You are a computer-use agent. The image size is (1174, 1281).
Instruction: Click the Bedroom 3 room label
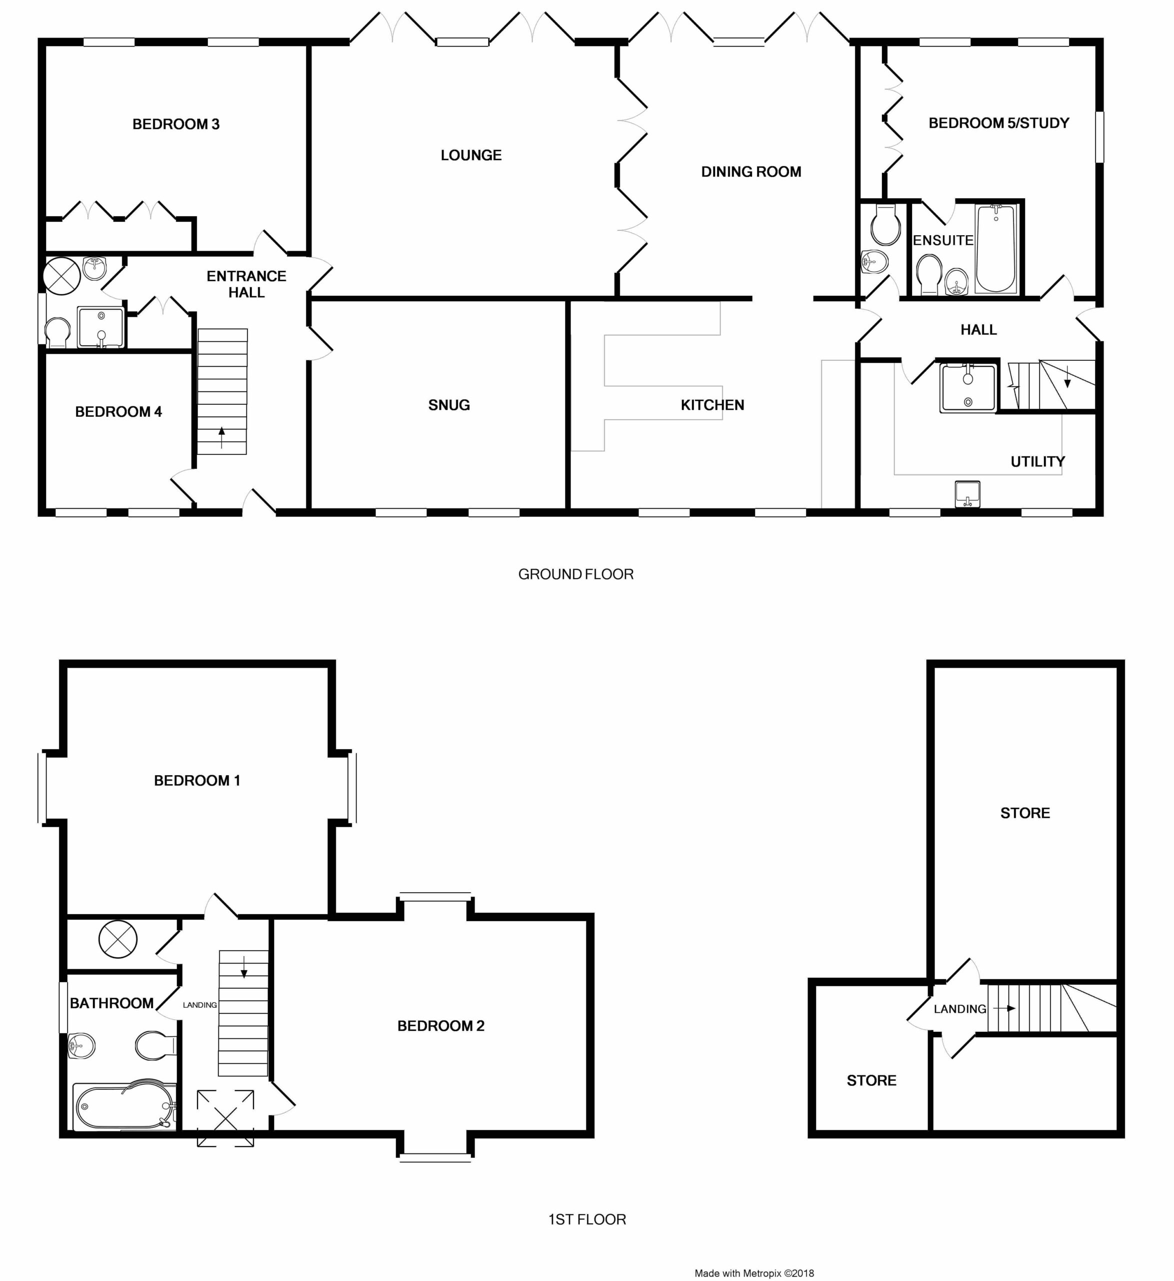pyautogui.click(x=176, y=124)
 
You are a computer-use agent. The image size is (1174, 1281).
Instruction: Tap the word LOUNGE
pyautogui.click(x=471, y=155)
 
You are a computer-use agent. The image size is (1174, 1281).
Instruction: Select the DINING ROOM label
pyautogui.click(x=751, y=172)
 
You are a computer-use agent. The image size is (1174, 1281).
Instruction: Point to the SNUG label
pyautogui.click(x=449, y=405)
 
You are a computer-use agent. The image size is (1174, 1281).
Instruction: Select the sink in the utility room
pyautogui.click(x=967, y=494)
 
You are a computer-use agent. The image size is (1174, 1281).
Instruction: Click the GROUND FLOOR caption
pyautogui.click(x=575, y=574)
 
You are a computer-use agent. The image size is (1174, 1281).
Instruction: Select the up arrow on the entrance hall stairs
pyautogui.click(x=221, y=438)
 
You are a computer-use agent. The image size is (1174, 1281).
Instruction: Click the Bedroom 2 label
pyautogui.click(x=441, y=1025)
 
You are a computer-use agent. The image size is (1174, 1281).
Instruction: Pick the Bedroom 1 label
pyautogui.click(x=197, y=780)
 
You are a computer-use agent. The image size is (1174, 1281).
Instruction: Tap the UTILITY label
pyautogui.click(x=1037, y=461)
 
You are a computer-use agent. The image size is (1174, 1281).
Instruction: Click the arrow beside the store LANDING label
pyautogui.click(x=1004, y=1008)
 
